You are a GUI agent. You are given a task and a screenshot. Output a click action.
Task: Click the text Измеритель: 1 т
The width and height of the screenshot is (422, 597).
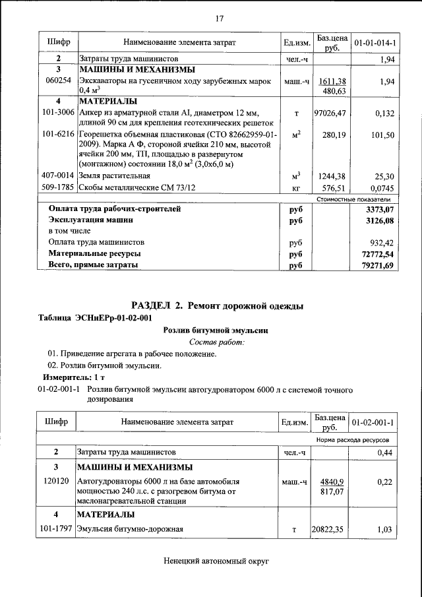[x=69, y=376]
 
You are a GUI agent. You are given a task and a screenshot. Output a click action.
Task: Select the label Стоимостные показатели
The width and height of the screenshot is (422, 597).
[x=353, y=199]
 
